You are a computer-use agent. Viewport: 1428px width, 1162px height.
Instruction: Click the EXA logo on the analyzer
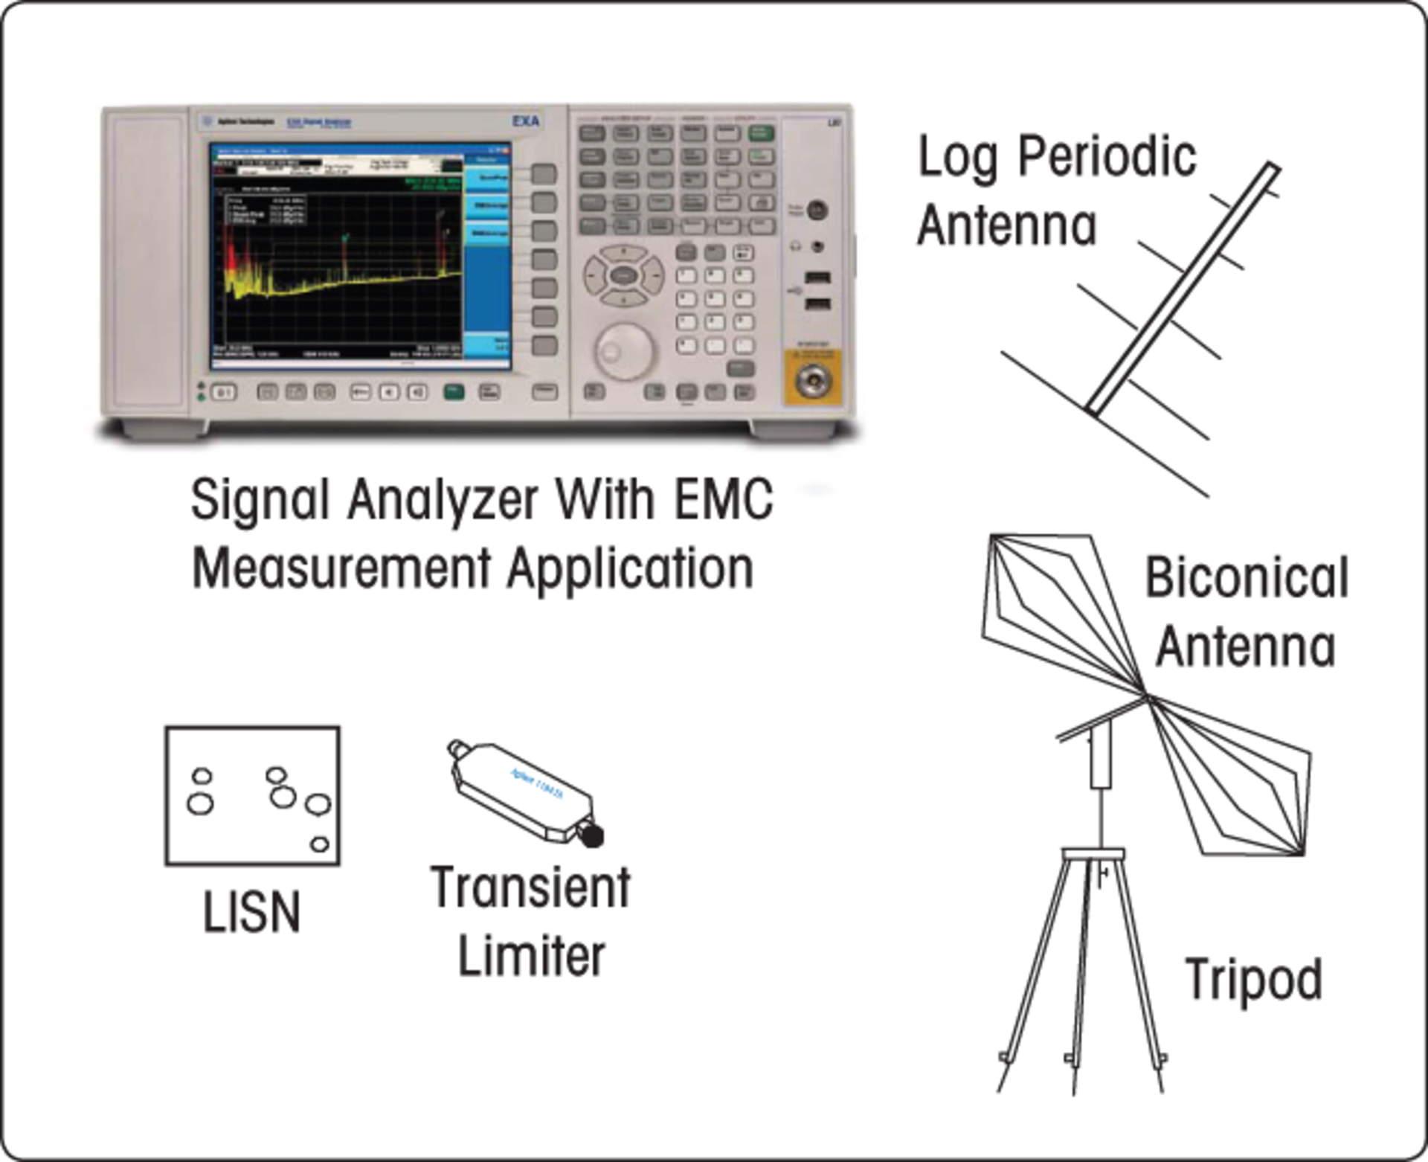526,121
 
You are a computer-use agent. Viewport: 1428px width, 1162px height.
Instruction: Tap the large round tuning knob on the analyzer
624,350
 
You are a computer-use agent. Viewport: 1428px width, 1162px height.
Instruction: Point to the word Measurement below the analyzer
341,569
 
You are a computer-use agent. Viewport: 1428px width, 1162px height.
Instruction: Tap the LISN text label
252,912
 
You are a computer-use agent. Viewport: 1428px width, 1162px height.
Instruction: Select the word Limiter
531,957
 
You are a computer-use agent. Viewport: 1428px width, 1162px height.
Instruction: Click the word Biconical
1247,578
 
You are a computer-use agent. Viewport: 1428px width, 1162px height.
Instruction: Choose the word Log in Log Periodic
958,158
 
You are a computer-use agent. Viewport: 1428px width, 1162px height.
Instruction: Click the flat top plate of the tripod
1093,853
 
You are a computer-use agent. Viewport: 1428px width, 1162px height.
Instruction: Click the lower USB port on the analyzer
818,304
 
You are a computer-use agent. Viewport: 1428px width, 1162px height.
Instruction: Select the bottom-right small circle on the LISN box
320,844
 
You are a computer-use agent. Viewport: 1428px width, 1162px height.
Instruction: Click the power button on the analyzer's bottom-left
224,392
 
